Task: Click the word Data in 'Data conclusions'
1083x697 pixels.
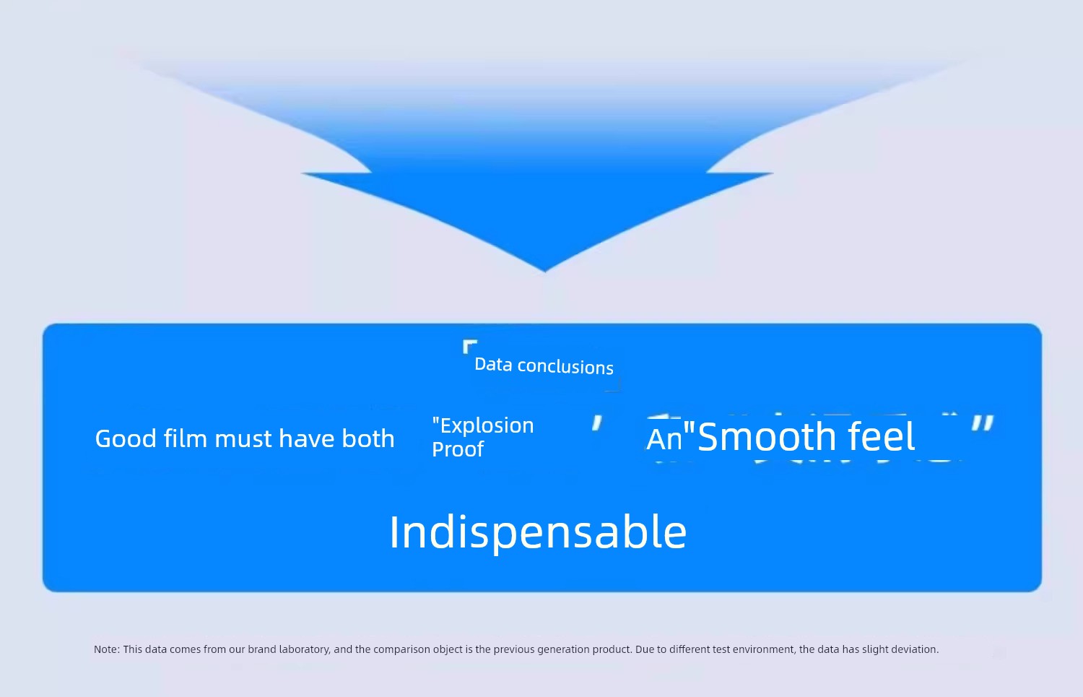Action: pyautogui.click(x=493, y=364)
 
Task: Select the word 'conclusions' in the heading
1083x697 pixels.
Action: pyautogui.click(x=565, y=367)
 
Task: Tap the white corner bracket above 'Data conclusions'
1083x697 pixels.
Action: pyautogui.click(x=469, y=346)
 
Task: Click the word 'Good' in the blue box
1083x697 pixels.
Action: pyautogui.click(x=126, y=438)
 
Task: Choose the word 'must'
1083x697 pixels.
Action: pyautogui.click(x=243, y=439)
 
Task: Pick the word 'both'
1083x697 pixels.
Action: pyautogui.click(x=368, y=438)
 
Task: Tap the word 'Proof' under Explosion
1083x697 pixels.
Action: pyautogui.click(x=457, y=449)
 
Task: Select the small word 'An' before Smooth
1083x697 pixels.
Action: pyautogui.click(x=664, y=439)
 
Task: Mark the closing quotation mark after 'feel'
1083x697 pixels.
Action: pyautogui.click(x=983, y=423)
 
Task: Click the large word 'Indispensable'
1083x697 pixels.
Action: pyautogui.click(x=538, y=532)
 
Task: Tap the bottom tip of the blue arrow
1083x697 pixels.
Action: pyautogui.click(x=545, y=272)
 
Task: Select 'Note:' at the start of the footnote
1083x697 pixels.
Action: pyautogui.click(x=107, y=649)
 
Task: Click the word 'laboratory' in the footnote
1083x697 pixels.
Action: pyautogui.click(x=305, y=649)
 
